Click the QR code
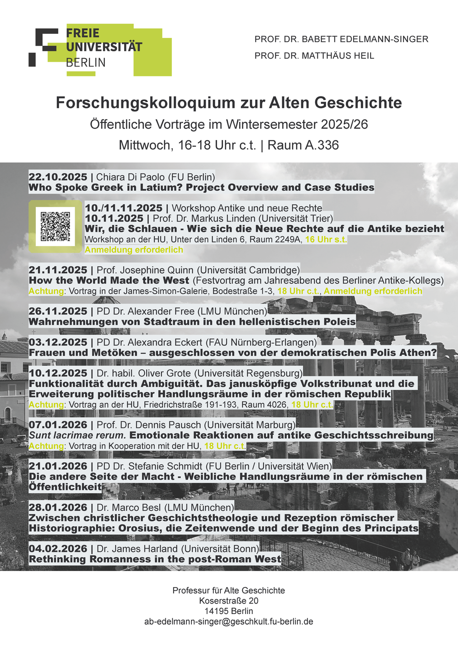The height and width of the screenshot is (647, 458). (55, 226)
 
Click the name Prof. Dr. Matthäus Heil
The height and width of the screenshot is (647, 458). (314, 56)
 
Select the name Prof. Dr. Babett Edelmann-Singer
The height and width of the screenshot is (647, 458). (341, 39)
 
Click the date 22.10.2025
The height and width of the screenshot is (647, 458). (58, 177)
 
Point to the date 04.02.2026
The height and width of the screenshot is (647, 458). (58, 549)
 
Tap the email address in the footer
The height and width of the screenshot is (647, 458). (229, 621)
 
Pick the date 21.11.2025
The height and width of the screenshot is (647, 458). (58, 270)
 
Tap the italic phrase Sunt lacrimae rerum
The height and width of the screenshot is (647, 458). (77, 435)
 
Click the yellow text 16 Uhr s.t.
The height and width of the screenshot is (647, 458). (326, 239)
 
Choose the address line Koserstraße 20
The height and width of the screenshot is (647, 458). (229, 601)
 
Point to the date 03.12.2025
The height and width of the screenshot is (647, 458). (58, 342)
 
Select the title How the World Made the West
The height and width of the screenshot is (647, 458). (109, 280)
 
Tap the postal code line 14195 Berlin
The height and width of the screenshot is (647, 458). (229, 611)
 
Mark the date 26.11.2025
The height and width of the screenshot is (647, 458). (58, 311)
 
